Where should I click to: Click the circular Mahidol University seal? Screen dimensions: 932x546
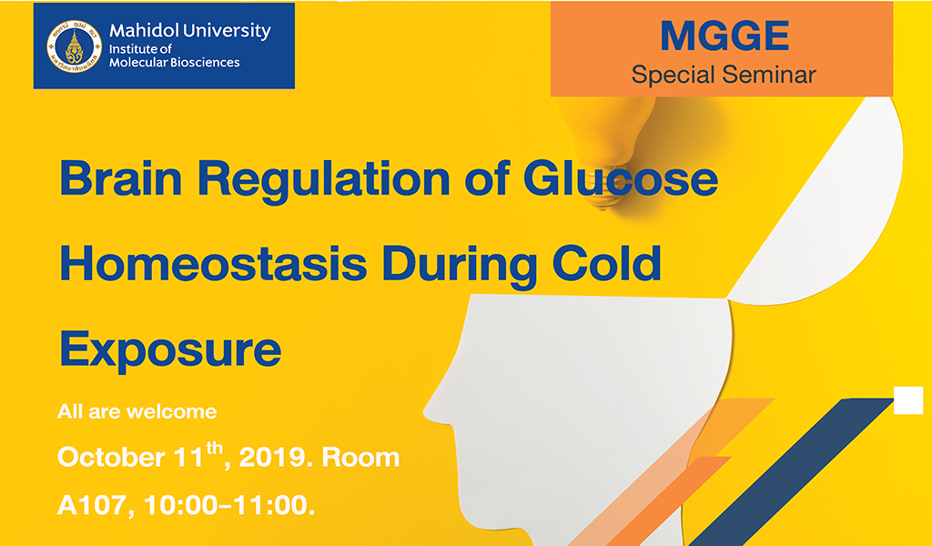75,46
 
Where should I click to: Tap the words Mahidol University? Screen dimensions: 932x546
190,31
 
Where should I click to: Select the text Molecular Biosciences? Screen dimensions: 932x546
174,63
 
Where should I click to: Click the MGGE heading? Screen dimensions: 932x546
724,35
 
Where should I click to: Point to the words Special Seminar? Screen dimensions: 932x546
724,75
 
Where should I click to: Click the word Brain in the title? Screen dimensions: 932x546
121,177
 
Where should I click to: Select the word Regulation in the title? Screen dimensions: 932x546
323,180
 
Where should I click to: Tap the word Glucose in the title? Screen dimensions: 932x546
621,177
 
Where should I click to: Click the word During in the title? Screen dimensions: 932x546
460,266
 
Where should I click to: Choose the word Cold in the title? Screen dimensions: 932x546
607,263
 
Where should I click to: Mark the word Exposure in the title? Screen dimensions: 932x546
170,351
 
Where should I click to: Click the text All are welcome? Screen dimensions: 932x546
137,411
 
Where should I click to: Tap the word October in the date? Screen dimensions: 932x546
111,458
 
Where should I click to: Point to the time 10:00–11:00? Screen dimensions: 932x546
229,506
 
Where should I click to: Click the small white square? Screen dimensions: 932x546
908,399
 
